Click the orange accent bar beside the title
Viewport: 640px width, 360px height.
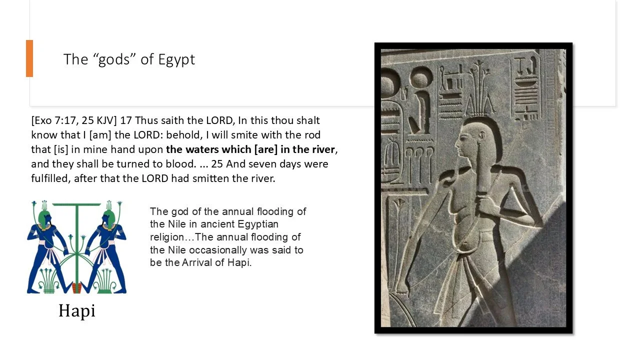tap(29, 58)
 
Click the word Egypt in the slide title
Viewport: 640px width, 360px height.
tap(176, 59)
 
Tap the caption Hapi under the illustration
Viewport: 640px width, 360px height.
tap(76, 311)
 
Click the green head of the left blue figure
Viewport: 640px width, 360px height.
tap(44, 216)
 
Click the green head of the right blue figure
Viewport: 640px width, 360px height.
tap(108, 216)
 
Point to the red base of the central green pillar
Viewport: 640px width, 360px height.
tap(76, 288)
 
